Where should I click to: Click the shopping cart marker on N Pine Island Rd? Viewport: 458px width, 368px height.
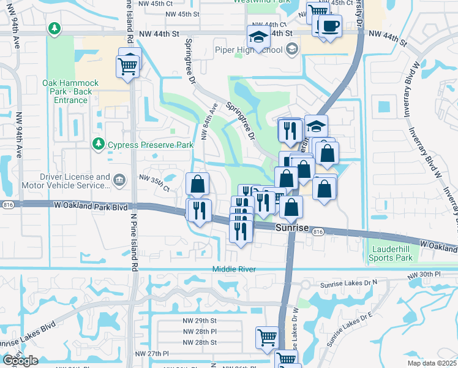(129, 64)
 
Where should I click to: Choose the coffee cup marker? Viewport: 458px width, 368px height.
(331, 26)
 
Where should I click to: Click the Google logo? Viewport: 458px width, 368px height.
(20, 361)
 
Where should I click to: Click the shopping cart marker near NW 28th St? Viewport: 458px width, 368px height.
(268, 337)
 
